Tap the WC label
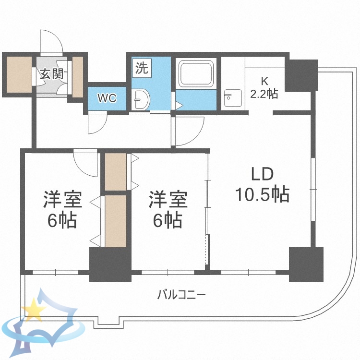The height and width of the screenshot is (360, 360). point(107,98)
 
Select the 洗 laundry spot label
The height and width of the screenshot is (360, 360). point(141,68)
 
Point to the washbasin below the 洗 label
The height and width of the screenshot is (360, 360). point(142,100)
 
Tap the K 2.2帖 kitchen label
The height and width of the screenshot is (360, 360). point(264,87)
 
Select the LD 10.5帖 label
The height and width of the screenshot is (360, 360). point(262,184)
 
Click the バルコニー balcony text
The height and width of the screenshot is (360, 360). point(181,294)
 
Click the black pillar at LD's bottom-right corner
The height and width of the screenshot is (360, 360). point(306,264)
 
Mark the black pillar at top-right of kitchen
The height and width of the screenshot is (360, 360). point(301,75)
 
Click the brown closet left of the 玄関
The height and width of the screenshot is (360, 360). point(18,74)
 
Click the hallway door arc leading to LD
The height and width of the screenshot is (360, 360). point(188,132)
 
